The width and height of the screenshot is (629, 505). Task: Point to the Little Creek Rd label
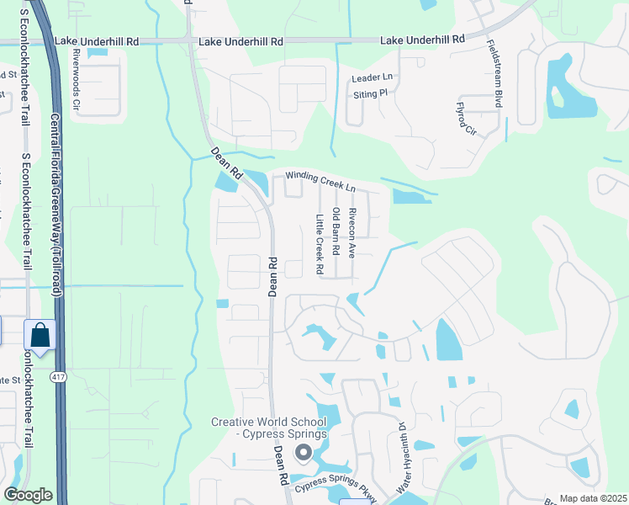click(320, 245)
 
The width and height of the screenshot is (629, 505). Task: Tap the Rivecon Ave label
click(352, 232)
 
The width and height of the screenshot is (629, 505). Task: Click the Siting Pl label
click(371, 94)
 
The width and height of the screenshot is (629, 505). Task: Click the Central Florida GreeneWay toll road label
click(56, 206)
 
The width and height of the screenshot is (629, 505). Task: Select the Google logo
click(28, 495)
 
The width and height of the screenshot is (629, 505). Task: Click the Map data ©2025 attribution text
click(593, 498)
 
